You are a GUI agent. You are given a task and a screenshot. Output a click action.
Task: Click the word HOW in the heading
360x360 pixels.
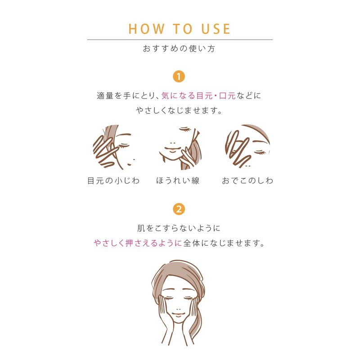click(x=146, y=29)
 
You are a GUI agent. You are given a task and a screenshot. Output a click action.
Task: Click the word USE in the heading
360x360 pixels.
click(x=216, y=29)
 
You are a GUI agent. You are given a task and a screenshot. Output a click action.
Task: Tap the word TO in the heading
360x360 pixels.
click(x=183, y=29)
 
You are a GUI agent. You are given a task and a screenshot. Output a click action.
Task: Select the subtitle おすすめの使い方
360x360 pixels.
click(x=179, y=49)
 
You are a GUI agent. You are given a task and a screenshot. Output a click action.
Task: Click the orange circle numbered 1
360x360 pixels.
click(x=179, y=76)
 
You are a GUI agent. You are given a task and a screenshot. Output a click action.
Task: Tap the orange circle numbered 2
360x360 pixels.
click(x=179, y=209)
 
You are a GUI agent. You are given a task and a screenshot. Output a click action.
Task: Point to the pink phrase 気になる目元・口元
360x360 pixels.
click(x=198, y=96)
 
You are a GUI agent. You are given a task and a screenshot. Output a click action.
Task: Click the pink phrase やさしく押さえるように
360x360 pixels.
click(x=138, y=243)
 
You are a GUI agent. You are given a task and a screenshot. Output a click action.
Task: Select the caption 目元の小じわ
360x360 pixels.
click(x=113, y=181)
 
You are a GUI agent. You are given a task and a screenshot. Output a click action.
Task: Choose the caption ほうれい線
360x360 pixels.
click(x=178, y=181)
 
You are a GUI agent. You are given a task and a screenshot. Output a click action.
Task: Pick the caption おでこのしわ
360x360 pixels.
click(x=247, y=181)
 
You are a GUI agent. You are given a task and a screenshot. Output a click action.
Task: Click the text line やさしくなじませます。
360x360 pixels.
click(x=179, y=110)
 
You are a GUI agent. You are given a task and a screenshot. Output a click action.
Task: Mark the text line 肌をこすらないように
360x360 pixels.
click(x=179, y=228)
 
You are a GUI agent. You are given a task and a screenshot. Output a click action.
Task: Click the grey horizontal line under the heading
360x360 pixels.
click(x=180, y=40)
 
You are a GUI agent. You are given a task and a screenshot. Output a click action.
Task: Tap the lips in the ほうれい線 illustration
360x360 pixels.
click(x=172, y=148)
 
